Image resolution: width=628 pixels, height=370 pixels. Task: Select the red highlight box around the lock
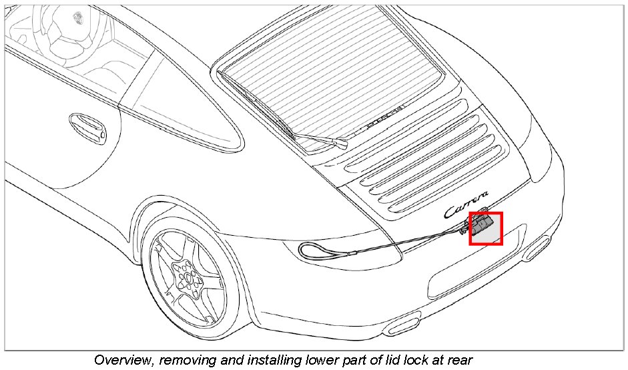(485, 228)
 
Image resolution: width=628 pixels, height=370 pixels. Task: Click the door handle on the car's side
(87, 126)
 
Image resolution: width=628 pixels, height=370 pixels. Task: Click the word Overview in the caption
(121, 360)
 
